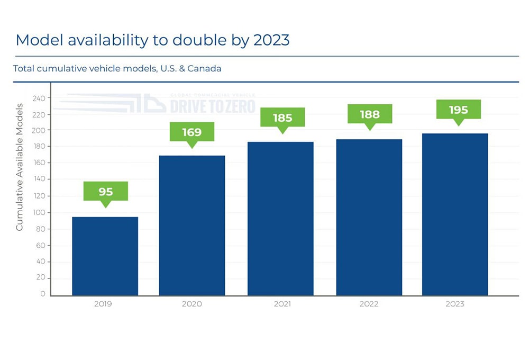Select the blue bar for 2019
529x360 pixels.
[105, 256]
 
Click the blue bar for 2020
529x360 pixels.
[192, 225]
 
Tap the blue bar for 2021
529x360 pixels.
[280, 218]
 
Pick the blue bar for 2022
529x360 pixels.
[369, 217]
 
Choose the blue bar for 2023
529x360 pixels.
[455, 214]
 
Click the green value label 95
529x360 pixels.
[106, 191]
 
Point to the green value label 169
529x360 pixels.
[192, 131]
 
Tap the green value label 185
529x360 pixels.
[282, 118]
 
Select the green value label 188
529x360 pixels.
[370, 114]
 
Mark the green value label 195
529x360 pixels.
[459, 110]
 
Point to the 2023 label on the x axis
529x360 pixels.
[455, 304]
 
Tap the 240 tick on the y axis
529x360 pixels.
[39, 98]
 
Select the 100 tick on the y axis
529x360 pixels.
[39, 213]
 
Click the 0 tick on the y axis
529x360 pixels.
[42, 294]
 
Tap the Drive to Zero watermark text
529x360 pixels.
[213, 106]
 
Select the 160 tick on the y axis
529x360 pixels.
[39, 163]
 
